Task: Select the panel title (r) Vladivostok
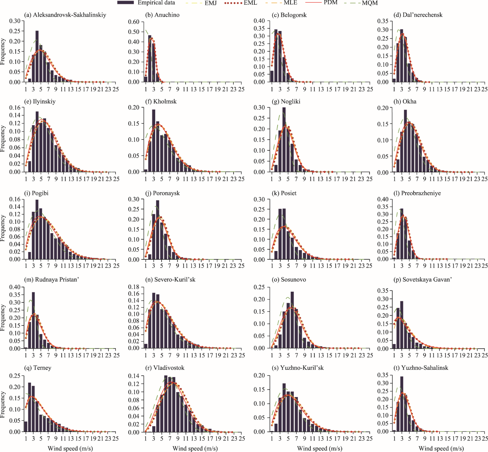point(165,368)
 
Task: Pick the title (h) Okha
point(405,102)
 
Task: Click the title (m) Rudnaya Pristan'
point(52,280)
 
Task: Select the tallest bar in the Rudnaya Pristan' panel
point(33,320)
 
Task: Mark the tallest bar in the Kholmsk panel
point(154,140)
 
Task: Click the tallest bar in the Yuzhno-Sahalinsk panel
point(402,404)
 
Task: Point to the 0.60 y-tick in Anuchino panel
point(134,22)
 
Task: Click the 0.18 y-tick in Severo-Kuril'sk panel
point(134,287)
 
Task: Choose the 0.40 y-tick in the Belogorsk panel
point(259,21)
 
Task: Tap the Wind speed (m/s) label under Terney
point(70,448)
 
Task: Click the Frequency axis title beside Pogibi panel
point(3,228)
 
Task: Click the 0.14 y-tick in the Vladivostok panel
point(134,376)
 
